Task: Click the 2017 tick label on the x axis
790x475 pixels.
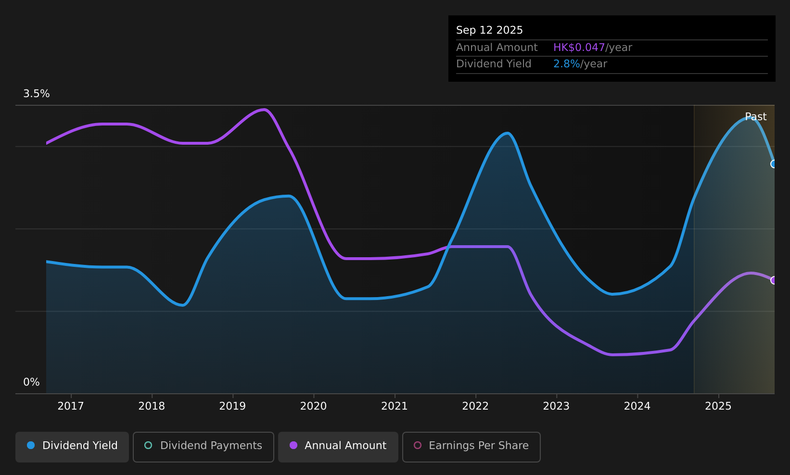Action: coord(71,406)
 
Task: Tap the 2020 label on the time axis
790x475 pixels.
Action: coord(314,406)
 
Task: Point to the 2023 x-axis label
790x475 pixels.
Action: coord(556,406)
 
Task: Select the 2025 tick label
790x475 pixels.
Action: coord(718,406)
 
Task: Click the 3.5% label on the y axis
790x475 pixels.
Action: coord(37,94)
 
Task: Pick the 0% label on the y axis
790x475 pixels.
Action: coord(31,382)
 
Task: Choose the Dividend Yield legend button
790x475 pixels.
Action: coord(72,447)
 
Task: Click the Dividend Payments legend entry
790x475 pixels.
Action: coord(204,447)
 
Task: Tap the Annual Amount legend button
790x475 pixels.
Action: coord(338,447)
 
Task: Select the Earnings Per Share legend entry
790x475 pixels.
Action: coord(471,447)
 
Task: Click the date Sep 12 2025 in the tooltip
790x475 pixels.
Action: coord(489,30)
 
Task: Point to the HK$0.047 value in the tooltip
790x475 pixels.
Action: coord(579,48)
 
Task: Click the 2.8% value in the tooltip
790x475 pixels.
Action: coord(566,64)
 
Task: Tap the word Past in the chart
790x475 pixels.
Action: coord(756,117)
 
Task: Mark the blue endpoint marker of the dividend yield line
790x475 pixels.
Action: coord(774,164)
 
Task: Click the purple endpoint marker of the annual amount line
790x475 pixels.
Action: coord(774,280)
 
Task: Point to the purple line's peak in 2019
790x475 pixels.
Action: coord(264,110)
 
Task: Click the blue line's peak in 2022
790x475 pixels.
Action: coord(507,133)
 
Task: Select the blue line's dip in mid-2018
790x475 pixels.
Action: coord(182,305)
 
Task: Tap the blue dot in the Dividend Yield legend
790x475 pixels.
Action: coord(31,445)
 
